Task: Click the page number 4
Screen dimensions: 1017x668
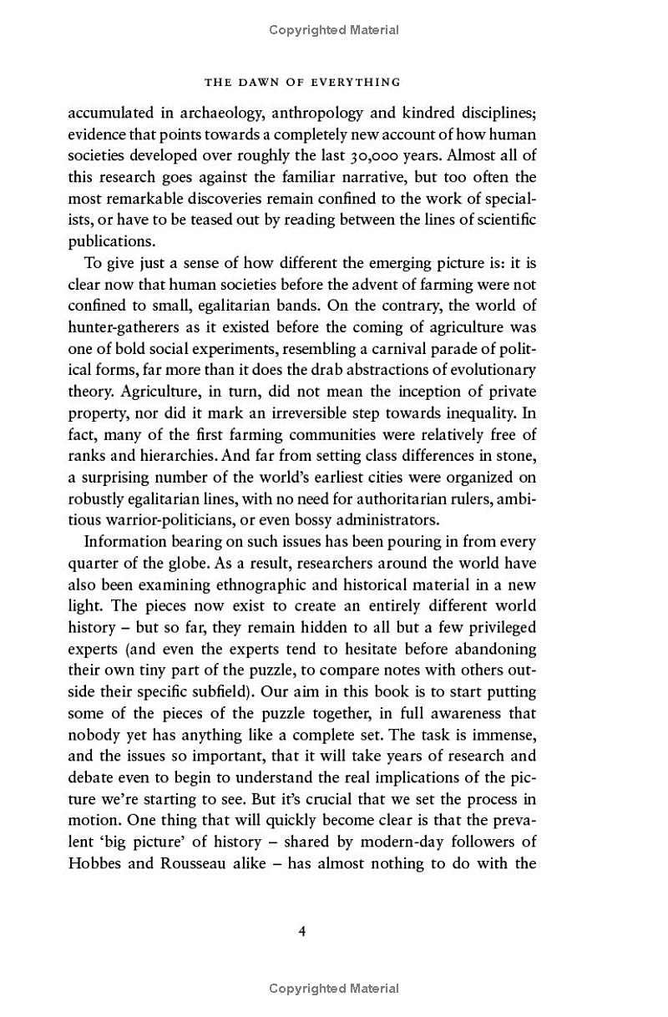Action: (301, 930)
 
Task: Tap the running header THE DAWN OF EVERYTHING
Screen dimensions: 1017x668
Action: (301, 82)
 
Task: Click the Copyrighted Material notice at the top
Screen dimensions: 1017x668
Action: (334, 30)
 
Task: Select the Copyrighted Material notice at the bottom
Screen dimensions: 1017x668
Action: (334, 989)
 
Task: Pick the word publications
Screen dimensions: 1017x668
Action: (111, 241)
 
